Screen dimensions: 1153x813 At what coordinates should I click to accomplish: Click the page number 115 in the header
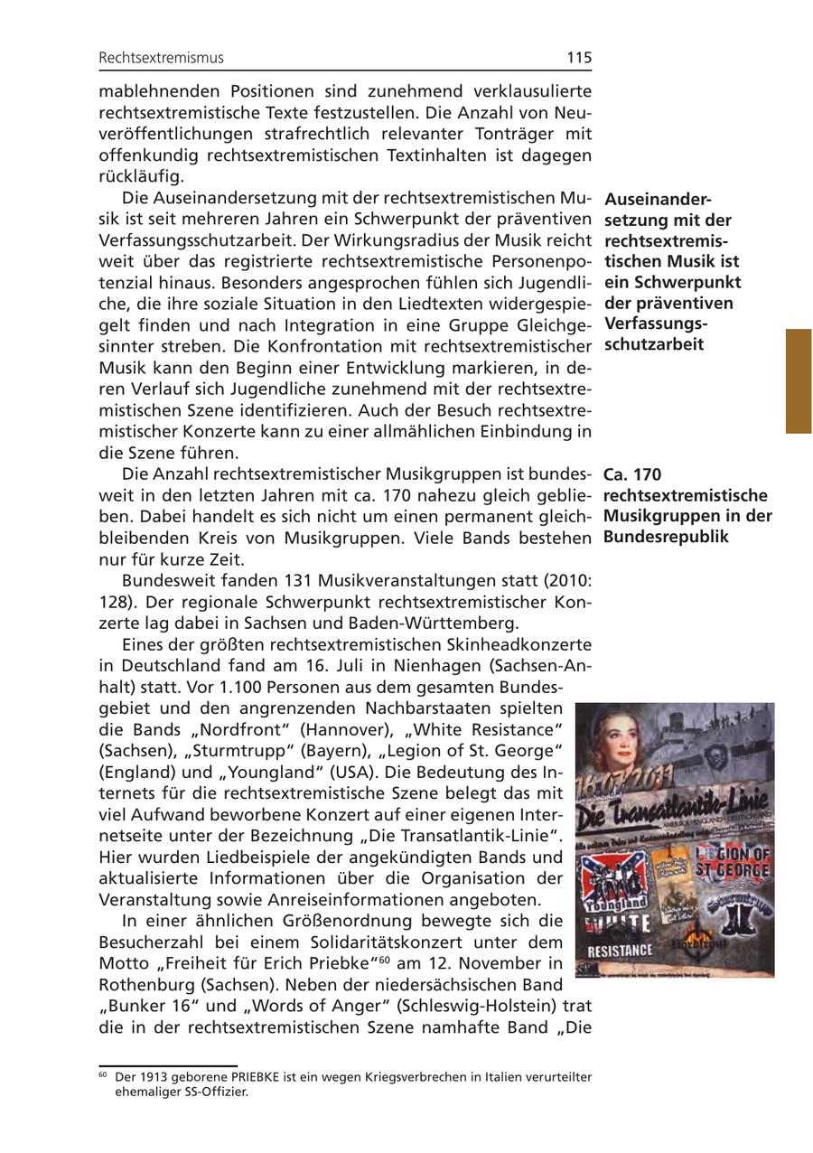pos(579,58)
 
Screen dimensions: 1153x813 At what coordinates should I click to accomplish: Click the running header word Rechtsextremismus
pos(161,58)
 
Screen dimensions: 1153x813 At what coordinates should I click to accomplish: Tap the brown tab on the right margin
pos(798,380)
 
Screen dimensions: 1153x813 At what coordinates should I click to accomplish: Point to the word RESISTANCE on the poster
pos(619,951)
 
